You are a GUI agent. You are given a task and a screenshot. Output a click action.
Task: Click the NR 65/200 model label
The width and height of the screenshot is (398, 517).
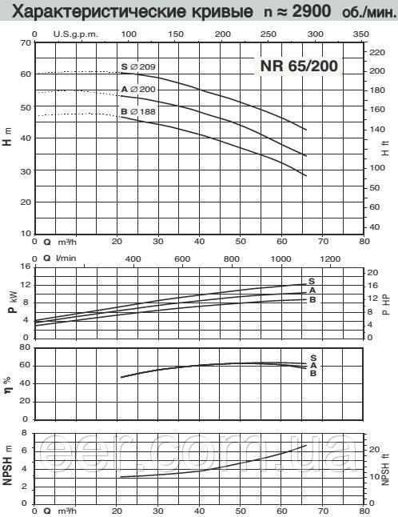tap(299, 66)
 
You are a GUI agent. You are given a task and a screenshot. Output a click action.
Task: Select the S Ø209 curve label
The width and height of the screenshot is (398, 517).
tap(138, 66)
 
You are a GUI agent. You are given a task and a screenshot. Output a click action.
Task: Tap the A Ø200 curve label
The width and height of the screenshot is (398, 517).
tap(138, 89)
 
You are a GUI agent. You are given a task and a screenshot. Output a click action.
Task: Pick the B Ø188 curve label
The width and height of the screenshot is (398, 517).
tap(138, 111)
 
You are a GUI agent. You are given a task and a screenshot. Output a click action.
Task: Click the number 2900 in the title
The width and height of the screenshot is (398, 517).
tap(311, 11)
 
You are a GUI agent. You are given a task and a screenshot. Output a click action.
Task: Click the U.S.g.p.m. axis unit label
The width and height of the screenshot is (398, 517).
tap(76, 34)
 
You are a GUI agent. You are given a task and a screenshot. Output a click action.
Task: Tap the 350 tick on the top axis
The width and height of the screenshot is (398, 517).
tap(360, 34)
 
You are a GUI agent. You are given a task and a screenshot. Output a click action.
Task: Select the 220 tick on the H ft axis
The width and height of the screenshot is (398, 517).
tap(377, 53)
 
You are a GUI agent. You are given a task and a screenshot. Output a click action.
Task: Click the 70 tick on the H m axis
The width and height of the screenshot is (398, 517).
tap(26, 43)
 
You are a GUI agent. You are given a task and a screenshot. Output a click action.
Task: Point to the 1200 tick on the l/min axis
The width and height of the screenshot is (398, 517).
tap(330, 258)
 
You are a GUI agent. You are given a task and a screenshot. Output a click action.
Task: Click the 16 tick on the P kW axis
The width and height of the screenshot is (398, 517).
tap(26, 267)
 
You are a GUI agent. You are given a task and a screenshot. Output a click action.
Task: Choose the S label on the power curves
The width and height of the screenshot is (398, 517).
tap(312, 281)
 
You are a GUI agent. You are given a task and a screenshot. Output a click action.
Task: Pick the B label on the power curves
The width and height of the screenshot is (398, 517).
tap(312, 299)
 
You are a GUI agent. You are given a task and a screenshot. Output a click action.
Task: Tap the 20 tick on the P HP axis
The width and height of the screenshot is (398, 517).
tap(372, 273)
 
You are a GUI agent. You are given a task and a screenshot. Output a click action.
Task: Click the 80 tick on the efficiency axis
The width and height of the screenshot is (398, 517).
tap(25, 347)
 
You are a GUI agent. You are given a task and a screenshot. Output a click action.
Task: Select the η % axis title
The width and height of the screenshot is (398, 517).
tap(7, 385)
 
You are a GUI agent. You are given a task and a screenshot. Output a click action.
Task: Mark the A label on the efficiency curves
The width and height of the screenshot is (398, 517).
tap(313, 365)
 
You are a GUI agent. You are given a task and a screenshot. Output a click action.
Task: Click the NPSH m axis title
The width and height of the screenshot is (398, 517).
tap(7, 465)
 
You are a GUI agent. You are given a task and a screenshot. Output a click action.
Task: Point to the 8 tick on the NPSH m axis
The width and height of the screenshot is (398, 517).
tap(24, 433)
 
